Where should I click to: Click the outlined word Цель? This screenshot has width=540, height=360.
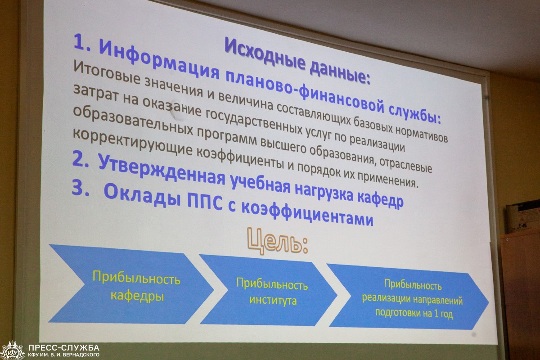(x=278, y=241)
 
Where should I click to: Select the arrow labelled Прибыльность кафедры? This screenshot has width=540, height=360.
(x=131, y=284)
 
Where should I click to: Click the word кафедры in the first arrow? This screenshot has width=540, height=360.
(x=137, y=296)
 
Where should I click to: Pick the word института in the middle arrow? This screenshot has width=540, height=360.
(x=273, y=301)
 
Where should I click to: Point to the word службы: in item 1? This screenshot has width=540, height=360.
(x=415, y=114)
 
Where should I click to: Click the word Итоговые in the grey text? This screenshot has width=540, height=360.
(x=107, y=72)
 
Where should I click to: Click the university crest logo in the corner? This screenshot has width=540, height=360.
(x=13, y=351)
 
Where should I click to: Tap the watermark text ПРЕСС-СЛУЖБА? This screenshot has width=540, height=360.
(x=63, y=348)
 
